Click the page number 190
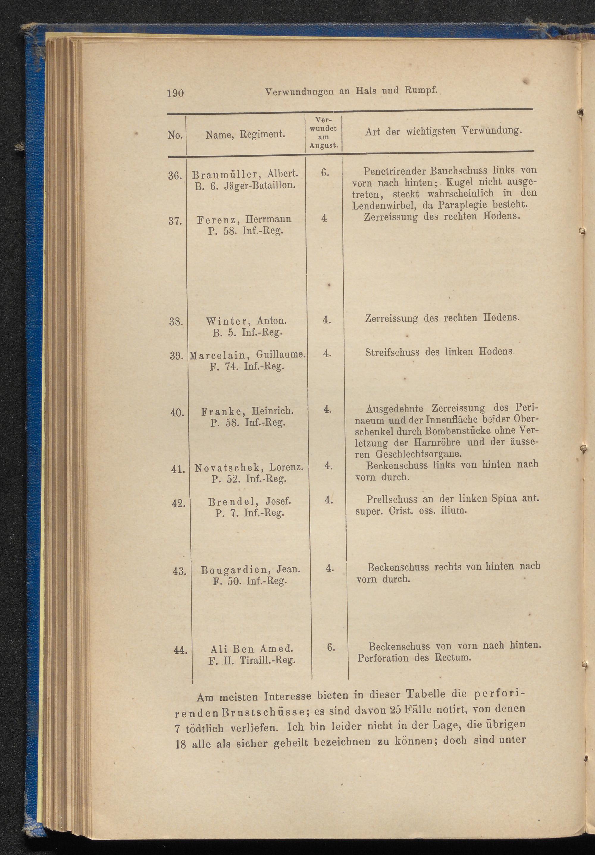click(x=175, y=93)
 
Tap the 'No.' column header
click(x=175, y=135)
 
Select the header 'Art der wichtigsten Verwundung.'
click(x=443, y=131)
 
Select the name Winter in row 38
click(x=223, y=321)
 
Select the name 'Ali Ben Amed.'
click(x=252, y=649)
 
